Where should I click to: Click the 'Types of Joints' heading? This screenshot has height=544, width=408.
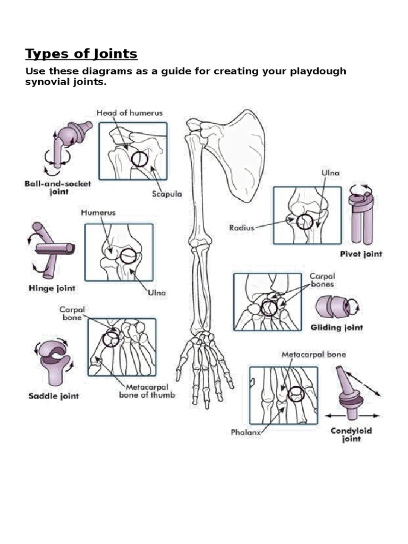point(81,54)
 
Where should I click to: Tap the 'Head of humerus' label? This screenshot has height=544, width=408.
point(130,113)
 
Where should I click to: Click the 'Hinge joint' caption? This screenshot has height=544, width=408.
point(50,288)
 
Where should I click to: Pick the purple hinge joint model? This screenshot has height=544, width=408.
point(50,249)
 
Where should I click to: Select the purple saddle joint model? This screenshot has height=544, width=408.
point(53,361)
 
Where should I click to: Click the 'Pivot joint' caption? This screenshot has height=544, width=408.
point(361,254)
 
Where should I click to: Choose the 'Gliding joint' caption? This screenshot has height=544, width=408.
point(336,328)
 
